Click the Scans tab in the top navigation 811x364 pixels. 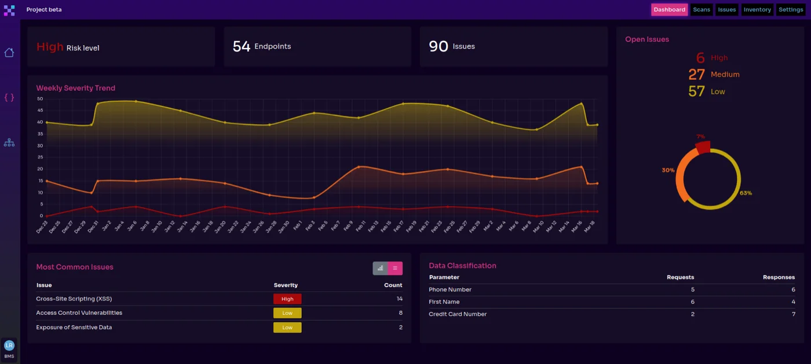click(x=701, y=9)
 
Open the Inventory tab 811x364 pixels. click(x=757, y=9)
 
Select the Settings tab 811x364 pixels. click(x=791, y=9)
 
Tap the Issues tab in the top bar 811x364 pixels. click(x=727, y=9)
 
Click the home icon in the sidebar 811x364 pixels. click(x=9, y=53)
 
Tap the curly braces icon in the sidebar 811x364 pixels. click(x=9, y=97)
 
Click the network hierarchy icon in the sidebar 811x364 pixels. click(x=9, y=142)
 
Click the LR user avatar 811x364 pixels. click(x=9, y=345)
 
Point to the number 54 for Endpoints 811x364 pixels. click(x=241, y=46)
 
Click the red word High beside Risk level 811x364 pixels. click(x=50, y=47)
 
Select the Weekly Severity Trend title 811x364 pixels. click(x=75, y=88)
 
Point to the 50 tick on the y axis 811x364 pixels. click(x=40, y=98)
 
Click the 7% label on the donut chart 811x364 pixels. click(x=700, y=137)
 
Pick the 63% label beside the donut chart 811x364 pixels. click(x=746, y=193)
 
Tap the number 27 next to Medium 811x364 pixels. click(x=696, y=75)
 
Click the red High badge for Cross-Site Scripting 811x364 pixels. click(x=287, y=299)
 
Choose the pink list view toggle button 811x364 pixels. click(x=395, y=268)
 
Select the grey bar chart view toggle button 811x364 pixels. click(x=380, y=268)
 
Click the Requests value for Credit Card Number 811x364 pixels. click(x=692, y=314)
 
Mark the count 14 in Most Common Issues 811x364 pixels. click(x=399, y=299)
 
